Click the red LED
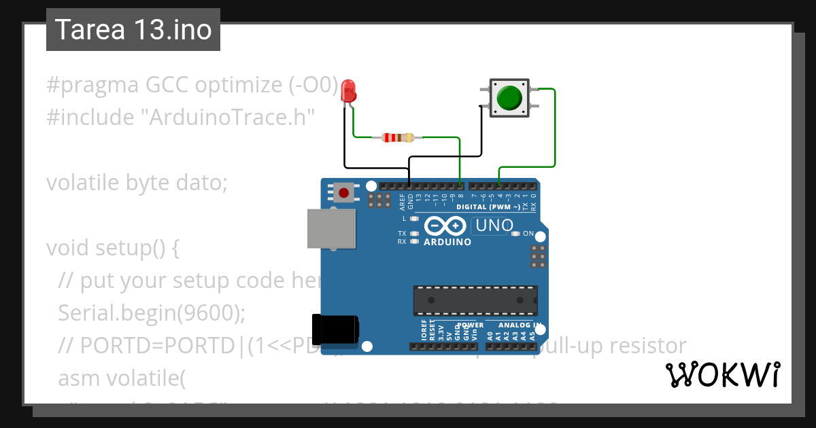(x=348, y=91)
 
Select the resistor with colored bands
(x=398, y=138)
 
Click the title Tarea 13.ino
(x=133, y=30)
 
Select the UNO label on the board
(x=494, y=226)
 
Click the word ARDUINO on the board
(x=447, y=242)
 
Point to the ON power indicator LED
(x=515, y=234)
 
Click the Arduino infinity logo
(x=445, y=226)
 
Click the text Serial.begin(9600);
(x=151, y=313)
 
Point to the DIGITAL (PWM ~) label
(x=488, y=207)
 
